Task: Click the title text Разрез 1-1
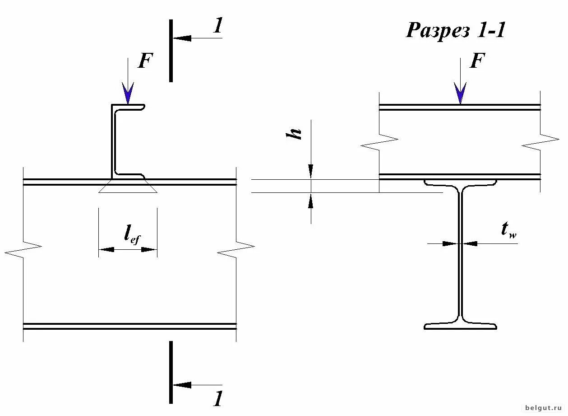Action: [455, 31]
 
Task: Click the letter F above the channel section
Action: [144, 61]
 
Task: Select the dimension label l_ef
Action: [132, 235]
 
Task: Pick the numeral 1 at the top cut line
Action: [218, 27]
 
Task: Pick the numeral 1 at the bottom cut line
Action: [218, 398]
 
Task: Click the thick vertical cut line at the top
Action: [171, 51]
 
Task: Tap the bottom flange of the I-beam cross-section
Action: [460, 326]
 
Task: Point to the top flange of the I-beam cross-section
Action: [460, 182]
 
